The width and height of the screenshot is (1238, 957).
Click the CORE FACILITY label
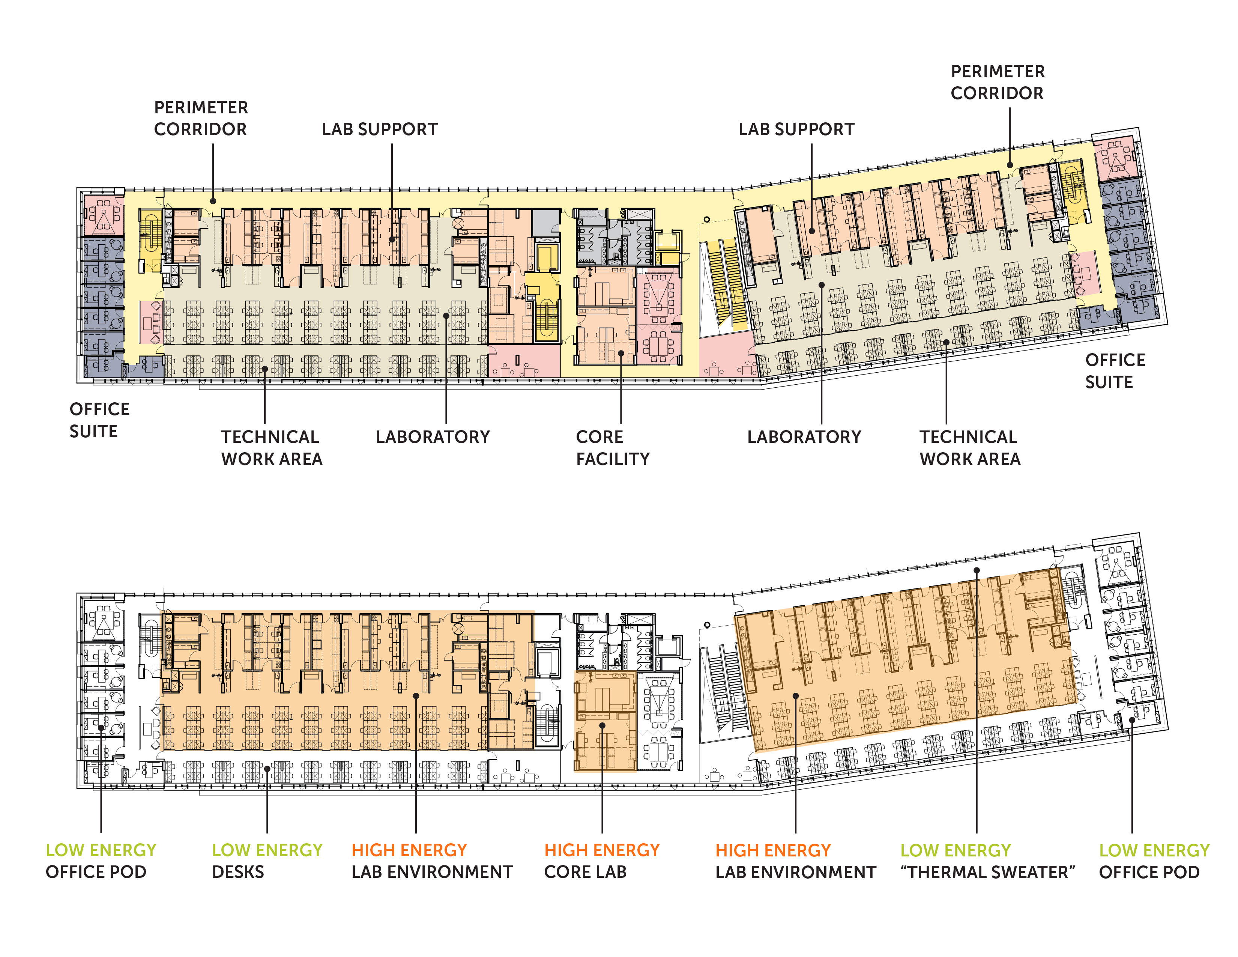point(613,448)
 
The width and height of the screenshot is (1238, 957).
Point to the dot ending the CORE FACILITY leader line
point(621,353)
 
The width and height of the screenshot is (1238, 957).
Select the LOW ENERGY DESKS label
point(267,861)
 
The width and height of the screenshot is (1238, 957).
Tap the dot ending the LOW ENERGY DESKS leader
point(267,769)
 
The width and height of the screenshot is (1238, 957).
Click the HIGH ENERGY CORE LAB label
point(602,861)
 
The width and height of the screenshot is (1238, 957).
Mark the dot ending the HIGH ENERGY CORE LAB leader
point(602,725)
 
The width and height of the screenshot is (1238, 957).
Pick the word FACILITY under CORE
point(613,459)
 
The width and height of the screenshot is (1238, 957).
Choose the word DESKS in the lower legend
point(238,872)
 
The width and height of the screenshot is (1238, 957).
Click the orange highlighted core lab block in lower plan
point(605,721)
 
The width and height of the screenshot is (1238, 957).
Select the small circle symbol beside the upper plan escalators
point(707,220)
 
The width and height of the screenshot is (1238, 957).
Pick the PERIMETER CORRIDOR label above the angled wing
point(998,82)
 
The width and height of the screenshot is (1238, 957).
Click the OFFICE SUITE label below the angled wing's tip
point(1115,371)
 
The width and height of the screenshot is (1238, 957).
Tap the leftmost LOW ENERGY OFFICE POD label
point(101,861)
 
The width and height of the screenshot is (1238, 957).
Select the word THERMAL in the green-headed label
point(939,872)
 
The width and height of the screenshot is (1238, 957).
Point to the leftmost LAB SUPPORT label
point(380,129)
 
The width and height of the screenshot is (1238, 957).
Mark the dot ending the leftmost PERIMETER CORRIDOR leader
point(213,201)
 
